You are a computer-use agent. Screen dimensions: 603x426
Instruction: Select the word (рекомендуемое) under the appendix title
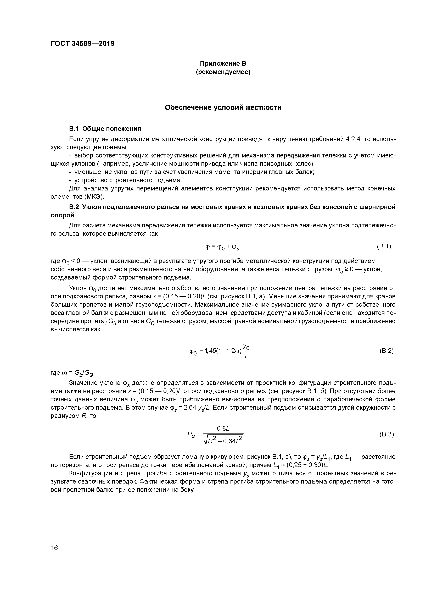coord(223,72)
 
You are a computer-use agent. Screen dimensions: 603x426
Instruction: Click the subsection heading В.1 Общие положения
coord(105,129)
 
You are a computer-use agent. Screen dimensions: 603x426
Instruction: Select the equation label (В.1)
coord(384,246)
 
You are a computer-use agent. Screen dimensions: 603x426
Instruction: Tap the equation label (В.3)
coord(386,434)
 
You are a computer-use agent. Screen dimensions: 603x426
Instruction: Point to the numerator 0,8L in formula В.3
coord(223,429)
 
